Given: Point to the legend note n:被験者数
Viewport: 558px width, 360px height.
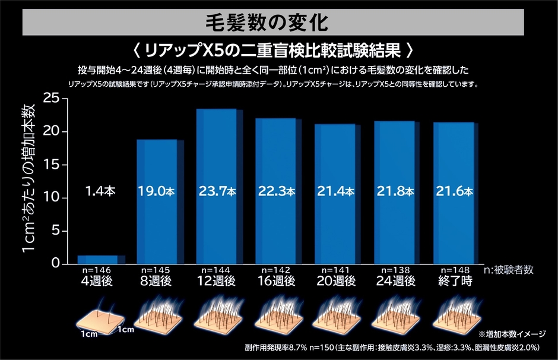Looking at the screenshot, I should pos(509,270).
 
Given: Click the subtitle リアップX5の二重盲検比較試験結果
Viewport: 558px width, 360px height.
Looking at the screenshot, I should pos(279,48).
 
